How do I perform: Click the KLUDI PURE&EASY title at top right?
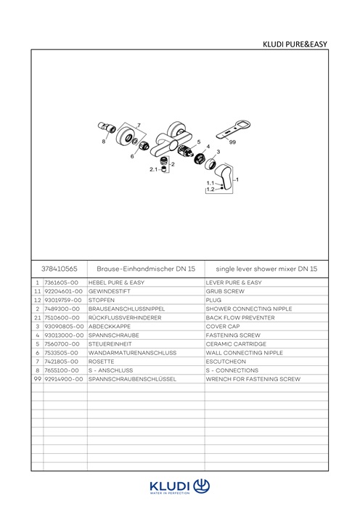tap(295, 44)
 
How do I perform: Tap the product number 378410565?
tap(60, 269)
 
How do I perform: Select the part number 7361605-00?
tap(62, 282)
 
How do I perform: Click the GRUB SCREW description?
tap(225, 291)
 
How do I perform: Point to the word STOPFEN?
tap(102, 300)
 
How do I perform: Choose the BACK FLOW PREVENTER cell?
tap(240, 317)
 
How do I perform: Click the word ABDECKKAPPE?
tap(110, 326)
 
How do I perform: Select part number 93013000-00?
tap(64, 335)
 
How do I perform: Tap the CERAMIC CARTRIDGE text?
tap(236, 343)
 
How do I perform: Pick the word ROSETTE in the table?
tap(102, 362)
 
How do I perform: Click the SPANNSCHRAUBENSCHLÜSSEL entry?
tap(132, 379)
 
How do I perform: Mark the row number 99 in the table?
tap(38, 379)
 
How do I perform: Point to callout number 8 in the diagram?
tap(104, 141)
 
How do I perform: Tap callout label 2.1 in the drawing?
tap(153, 169)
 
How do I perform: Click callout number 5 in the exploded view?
tap(199, 142)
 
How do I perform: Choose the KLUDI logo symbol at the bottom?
tap(202, 486)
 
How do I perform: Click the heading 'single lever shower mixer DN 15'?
tap(266, 269)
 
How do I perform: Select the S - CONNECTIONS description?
tap(232, 370)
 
